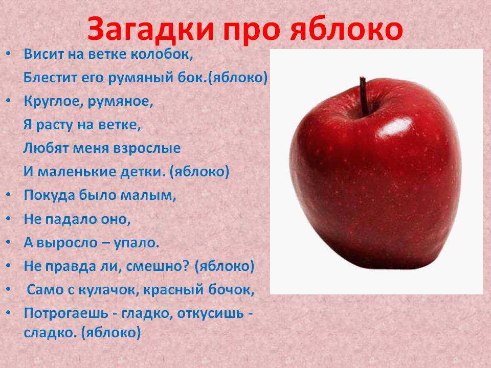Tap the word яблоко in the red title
click(346, 30)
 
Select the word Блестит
click(51, 77)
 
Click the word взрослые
click(147, 148)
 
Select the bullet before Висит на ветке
click(9, 54)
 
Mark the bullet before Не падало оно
click(9, 218)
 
